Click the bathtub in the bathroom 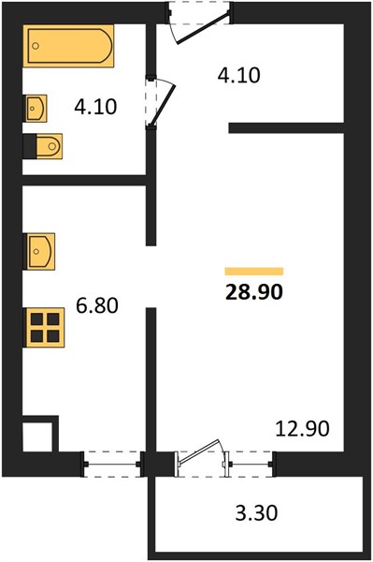68,46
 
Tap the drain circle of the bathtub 36,46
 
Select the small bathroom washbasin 35,109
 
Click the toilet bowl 50,146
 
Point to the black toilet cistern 30,146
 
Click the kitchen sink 39,251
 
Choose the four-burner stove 44,327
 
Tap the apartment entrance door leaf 203,28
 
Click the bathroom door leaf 162,104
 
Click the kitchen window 112,465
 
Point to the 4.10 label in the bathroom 95,107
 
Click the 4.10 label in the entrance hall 239,76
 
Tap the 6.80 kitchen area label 97,305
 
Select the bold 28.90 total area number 254,291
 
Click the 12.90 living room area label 302,429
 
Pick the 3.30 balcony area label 256,512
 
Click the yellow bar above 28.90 254,272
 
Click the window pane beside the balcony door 250,465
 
